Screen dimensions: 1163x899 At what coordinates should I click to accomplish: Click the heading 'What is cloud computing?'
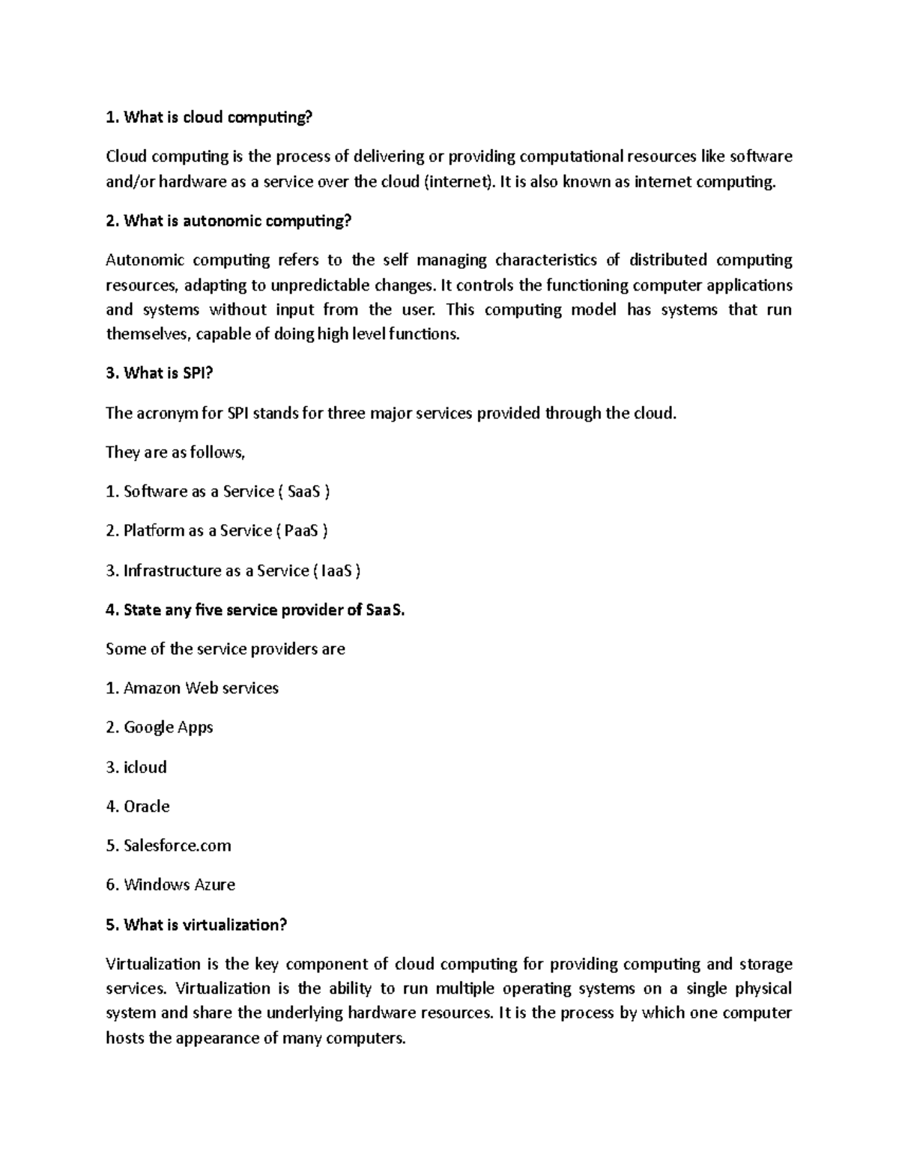pos(209,117)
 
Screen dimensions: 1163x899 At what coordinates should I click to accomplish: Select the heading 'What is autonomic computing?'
pos(228,221)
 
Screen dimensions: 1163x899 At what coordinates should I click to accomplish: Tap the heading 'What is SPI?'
pos(160,373)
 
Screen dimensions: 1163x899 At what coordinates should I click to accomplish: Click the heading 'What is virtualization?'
pos(196,925)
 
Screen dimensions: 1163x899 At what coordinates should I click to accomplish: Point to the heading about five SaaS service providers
pos(255,610)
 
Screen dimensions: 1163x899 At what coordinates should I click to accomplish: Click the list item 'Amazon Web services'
pos(193,688)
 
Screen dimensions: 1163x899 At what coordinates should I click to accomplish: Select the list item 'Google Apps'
pos(160,727)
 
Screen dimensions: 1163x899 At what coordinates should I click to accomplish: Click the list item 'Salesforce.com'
pos(169,845)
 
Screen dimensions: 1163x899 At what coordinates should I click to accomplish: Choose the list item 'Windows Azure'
pos(171,885)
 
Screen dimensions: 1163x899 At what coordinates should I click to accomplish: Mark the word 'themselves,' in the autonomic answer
pos(149,334)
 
